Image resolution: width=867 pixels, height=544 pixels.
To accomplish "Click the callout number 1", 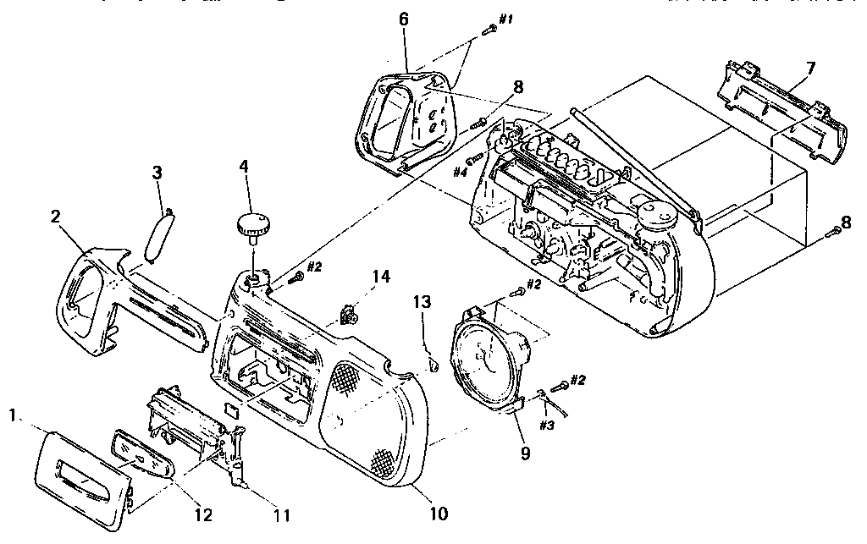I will pos(12,415).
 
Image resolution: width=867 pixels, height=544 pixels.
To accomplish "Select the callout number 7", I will pos(810,68).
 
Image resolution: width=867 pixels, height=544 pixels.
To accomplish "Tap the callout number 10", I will pos(438,512).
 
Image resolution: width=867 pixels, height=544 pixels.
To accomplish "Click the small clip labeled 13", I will pos(431,364).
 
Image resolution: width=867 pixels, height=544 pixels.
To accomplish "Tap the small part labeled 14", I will pos(348,315).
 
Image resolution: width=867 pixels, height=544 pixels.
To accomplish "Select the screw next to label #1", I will pos(489,30).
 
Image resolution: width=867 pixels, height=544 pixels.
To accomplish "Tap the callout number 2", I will pos(56,217).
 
